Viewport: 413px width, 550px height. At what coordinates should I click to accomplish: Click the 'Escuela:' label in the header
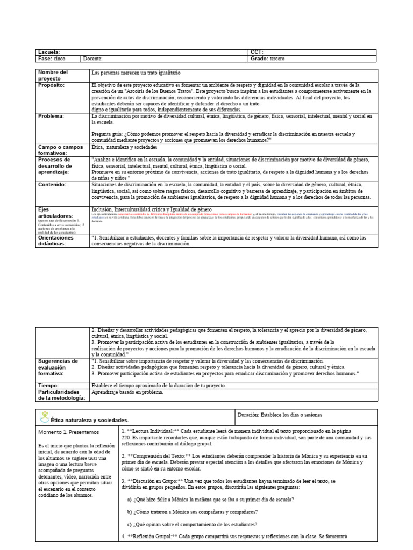pos(49,52)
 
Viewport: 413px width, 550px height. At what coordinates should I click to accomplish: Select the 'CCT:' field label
pos(257,52)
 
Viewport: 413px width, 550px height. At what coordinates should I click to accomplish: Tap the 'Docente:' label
pos(93,59)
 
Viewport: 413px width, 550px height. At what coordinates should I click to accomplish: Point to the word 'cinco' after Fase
pos(60,59)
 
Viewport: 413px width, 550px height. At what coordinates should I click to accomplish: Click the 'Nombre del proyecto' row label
pos(53,75)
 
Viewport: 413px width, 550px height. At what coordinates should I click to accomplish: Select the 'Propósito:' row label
pos(52,85)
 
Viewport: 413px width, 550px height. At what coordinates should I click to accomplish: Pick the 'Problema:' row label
pos(51,115)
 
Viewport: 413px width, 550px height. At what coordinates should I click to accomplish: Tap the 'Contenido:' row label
pos(52,184)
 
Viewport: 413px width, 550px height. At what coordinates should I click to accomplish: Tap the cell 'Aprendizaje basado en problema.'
pos(127,392)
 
